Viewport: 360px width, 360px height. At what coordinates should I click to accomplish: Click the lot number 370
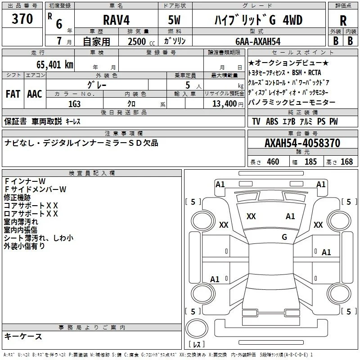22,19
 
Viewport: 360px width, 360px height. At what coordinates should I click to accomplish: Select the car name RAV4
116,20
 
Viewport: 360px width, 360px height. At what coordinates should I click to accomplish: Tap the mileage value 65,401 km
55,65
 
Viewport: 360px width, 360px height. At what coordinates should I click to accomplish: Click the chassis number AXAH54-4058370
302,143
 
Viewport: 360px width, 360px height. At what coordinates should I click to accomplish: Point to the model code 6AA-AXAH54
258,41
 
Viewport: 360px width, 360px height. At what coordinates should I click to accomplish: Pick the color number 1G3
74,104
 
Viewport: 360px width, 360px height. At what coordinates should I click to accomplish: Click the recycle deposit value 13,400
224,104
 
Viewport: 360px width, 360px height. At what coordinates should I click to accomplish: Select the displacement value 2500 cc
141,41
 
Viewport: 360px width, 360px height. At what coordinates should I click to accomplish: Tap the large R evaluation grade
343,21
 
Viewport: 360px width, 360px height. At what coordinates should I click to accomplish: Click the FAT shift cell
13,94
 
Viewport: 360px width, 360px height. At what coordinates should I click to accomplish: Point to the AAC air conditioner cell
35,94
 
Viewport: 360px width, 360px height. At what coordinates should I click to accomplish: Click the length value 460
273,162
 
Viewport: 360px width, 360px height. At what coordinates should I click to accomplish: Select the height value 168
346,162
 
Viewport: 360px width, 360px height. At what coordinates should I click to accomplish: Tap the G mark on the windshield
284,237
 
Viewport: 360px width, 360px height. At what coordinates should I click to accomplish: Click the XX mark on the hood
251,216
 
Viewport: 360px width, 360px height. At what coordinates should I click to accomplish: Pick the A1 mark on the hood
290,216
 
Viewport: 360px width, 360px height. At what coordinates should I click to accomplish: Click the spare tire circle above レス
197,328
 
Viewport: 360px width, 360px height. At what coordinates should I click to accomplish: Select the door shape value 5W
174,20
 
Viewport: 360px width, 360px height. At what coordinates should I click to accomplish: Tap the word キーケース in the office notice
23,337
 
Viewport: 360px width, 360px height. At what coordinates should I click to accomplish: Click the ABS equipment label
272,121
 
